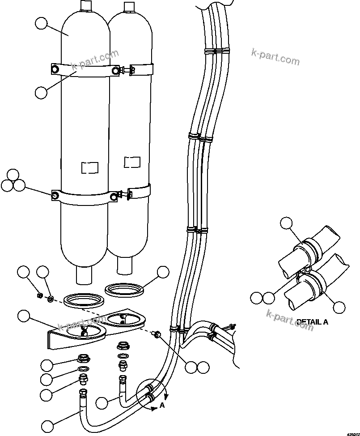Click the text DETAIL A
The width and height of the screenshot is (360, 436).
pos(312,321)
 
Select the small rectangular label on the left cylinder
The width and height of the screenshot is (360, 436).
pos(89,167)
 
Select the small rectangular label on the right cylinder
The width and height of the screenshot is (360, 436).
pos(132,162)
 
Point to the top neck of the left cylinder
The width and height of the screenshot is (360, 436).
pos(86,5)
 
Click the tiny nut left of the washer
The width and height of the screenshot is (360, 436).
pos(40,295)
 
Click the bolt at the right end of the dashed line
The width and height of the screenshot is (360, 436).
pos(157,334)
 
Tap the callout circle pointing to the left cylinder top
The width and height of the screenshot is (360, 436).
pos(41,23)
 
